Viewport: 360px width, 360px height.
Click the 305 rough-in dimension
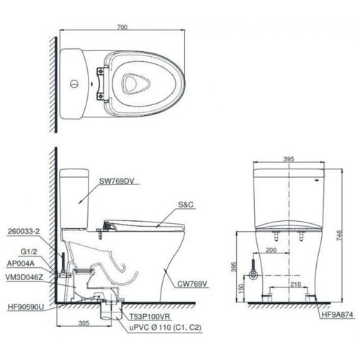pyautogui.click(x=84, y=324)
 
